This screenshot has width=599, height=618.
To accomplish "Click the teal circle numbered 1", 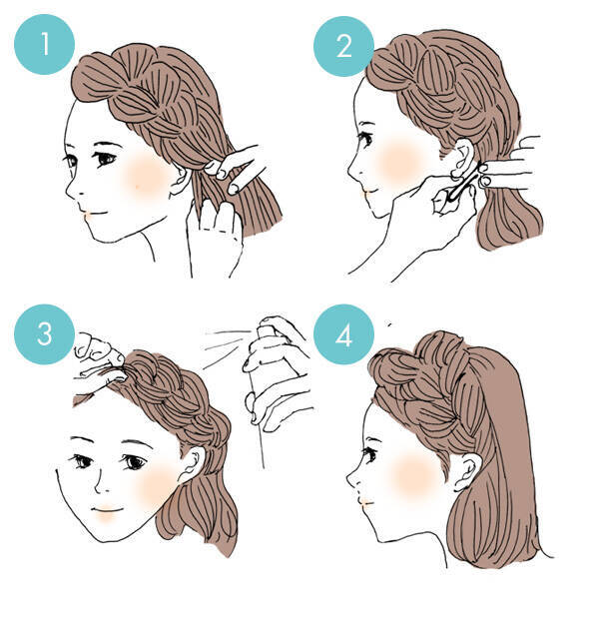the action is pos(44,44).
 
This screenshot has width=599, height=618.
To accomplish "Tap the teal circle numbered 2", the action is pos(343,46).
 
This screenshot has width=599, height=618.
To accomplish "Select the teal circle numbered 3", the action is pos(44,333).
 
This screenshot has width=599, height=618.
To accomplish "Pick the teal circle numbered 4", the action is pos(343,333).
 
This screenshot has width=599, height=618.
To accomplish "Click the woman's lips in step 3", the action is pos(106,511).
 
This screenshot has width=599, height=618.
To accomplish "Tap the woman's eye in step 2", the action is pos(365,138).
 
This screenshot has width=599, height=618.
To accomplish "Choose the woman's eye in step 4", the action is pos(369,454).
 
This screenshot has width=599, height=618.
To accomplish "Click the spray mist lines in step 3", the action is pos(225,346).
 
